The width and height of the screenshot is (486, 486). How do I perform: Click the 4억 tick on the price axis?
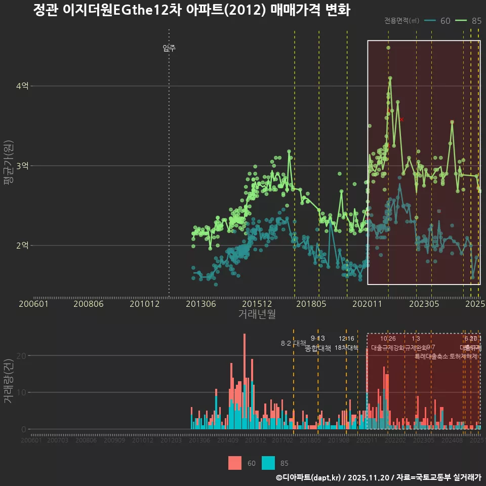(22, 86)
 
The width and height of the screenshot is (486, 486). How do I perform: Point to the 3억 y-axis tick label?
(22, 166)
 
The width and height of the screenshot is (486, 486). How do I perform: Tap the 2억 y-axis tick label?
(22, 246)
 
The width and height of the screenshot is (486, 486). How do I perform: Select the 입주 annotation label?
(169, 49)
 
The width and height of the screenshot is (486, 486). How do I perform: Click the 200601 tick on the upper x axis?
(33, 304)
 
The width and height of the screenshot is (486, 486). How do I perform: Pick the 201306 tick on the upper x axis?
(201, 304)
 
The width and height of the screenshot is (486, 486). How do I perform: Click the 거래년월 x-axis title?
(257, 314)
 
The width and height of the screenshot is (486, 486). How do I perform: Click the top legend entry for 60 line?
(438, 21)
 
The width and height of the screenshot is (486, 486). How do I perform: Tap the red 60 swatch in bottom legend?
(235, 463)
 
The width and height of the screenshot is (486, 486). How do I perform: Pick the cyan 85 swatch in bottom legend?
(268, 463)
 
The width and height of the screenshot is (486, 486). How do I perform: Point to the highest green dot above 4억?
(388, 48)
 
